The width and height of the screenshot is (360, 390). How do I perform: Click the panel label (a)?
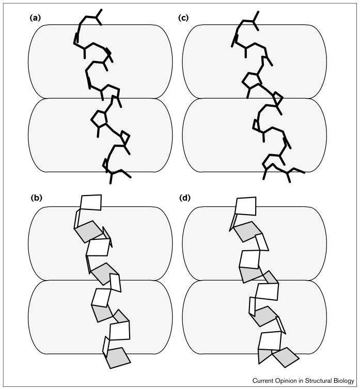[x=35, y=18]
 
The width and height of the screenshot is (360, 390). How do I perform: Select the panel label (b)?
[x=35, y=197]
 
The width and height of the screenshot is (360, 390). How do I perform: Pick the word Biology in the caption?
[x=345, y=381]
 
